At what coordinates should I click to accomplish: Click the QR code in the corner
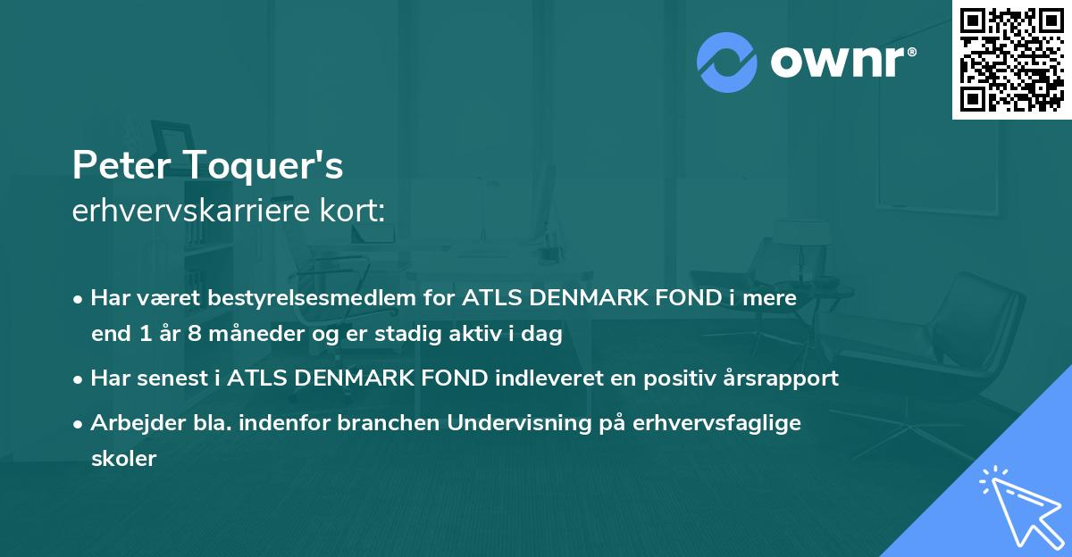pos(1011,59)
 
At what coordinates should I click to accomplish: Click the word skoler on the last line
pos(123,459)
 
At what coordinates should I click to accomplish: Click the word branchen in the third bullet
pos(389,423)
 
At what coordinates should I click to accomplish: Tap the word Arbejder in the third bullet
pos(130,423)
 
